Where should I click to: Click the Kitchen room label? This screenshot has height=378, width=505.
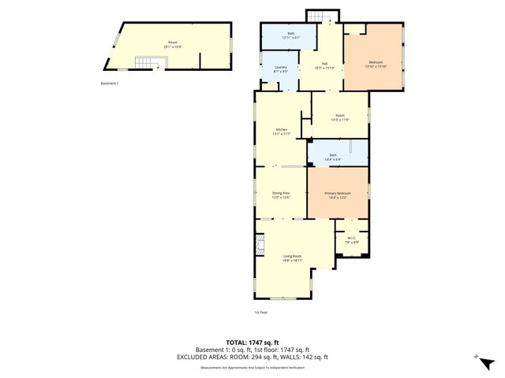(x=282, y=132)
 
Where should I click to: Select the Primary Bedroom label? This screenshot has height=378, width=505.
(x=338, y=195)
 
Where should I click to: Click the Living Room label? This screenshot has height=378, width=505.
(x=294, y=258)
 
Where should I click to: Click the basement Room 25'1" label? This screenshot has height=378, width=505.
(x=173, y=44)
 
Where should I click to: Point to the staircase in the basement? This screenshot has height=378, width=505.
(x=144, y=63)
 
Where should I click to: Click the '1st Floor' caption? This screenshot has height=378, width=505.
(x=261, y=313)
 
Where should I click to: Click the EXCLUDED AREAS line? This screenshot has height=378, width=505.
(x=252, y=357)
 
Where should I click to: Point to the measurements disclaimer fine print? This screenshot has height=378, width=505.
(x=252, y=367)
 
